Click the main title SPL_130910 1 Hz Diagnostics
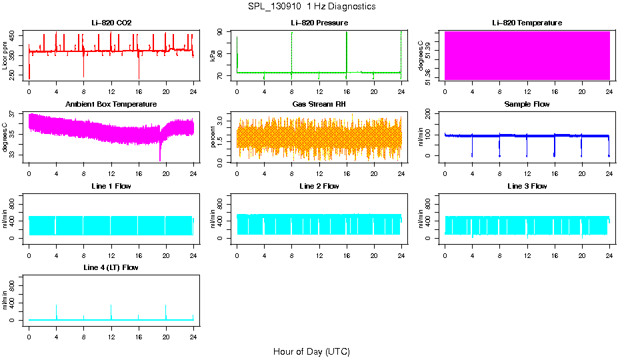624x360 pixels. [311, 6]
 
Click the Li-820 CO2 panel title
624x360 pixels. [111, 23]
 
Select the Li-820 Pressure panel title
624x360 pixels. [319, 23]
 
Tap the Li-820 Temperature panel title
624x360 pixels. [527, 23]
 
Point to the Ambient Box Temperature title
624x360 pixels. [111, 104]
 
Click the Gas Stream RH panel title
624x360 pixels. [319, 104]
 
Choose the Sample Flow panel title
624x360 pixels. [527, 104]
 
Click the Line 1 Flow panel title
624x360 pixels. [111, 186]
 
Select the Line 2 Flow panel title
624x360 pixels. [319, 186]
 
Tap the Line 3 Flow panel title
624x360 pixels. [527, 186]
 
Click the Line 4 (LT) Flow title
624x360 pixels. [111, 267]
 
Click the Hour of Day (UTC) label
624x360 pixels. [311, 351]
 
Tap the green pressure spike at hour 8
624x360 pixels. [291, 50]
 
